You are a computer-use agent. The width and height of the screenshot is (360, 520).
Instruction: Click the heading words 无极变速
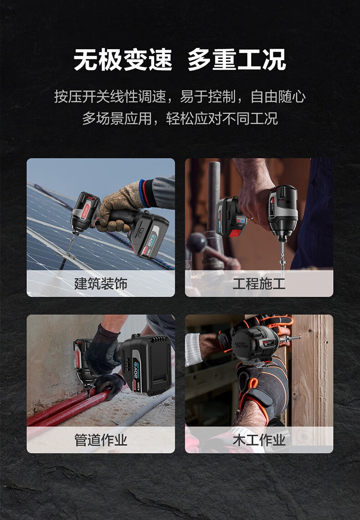pos(123,60)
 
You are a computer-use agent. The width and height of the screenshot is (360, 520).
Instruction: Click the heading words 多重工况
pos(237,60)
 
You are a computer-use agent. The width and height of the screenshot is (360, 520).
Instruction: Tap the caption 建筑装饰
pos(101,284)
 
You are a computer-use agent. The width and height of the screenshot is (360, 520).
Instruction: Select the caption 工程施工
pos(259,284)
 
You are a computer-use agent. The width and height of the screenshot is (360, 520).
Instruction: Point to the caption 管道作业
pos(101,440)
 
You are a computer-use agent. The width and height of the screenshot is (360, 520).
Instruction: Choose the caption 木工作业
pos(259,440)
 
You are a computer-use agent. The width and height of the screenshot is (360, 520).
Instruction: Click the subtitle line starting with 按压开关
pos(180,97)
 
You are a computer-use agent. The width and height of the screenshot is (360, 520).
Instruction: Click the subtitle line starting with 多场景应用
pos(180,118)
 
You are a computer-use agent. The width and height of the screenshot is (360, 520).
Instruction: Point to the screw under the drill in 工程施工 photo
pos(283,259)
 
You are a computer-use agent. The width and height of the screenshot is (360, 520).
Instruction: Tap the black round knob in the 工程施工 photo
pos(196,242)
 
